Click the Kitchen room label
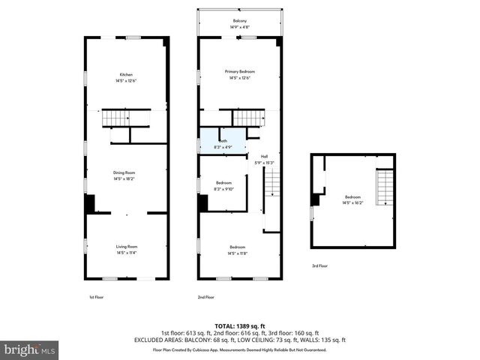tap(126, 75)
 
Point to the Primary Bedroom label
tap(239, 71)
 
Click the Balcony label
tap(239, 21)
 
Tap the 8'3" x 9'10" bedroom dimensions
tap(224, 189)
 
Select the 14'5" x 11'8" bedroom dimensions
tap(238, 253)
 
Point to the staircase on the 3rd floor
tap(384, 187)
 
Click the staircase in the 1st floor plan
tap(116, 118)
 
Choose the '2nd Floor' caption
tap(205, 297)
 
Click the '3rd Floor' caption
tap(319, 265)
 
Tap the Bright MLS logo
tap(30, 349)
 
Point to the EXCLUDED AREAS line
tap(240, 340)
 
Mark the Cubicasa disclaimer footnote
tap(240, 349)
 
